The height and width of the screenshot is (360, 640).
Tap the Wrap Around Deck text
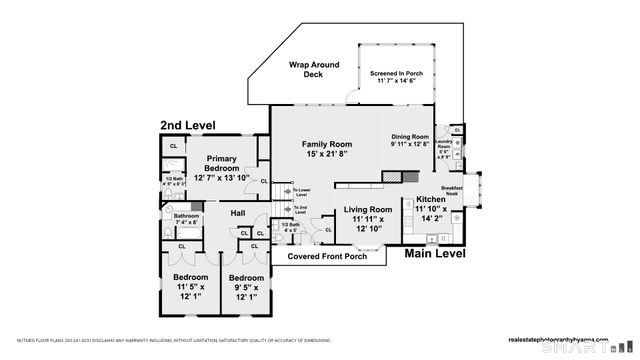coord(314,71)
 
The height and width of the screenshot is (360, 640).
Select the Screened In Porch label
coord(398,78)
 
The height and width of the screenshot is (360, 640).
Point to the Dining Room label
coord(409,140)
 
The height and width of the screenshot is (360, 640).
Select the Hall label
coord(238,214)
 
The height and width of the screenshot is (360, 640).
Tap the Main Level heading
coord(435,255)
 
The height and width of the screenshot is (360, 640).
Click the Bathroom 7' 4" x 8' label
coord(186,219)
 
